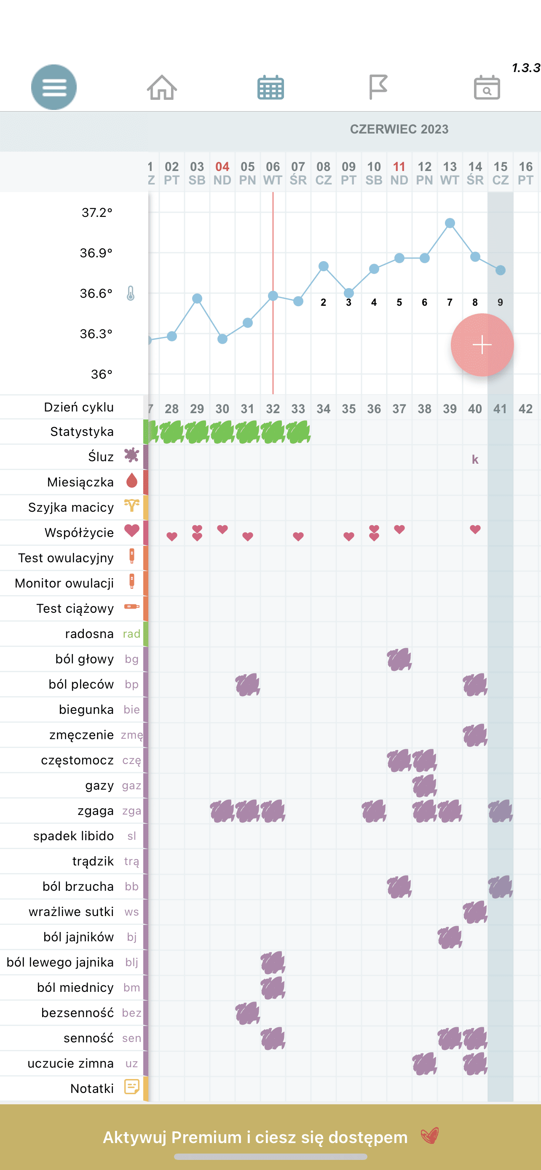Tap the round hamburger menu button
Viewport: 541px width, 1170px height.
[x=54, y=87]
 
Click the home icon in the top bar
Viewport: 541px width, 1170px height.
[x=162, y=87]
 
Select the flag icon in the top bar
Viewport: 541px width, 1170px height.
[x=378, y=87]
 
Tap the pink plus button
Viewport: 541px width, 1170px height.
[x=482, y=345]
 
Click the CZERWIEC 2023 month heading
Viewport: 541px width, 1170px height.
[x=399, y=129]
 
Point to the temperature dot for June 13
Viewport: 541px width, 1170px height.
[x=450, y=223]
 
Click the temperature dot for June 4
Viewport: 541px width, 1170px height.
[x=222, y=339]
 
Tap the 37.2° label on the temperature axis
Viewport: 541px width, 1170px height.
[x=97, y=213]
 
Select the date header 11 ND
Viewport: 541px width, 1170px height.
[x=399, y=174]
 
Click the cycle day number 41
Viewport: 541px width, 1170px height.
[x=500, y=409]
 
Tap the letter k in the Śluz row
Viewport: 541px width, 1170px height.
[x=475, y=459]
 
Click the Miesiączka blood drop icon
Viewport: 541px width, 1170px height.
[x=132, y=481]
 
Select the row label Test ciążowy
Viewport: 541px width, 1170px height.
[x=75, y=609]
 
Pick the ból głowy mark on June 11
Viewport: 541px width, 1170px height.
[x=399, y=660]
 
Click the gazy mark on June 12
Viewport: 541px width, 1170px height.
[x=425, y=786]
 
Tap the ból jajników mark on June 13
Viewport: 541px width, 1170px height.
[x=450, y=938]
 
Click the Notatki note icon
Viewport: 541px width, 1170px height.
[x=132, y=1087]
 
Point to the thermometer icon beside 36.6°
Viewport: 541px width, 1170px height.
[x=131, y=294]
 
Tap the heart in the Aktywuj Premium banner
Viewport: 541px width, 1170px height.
[x=429, y=1136]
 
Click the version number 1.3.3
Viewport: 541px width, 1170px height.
[x=526, y=68]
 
